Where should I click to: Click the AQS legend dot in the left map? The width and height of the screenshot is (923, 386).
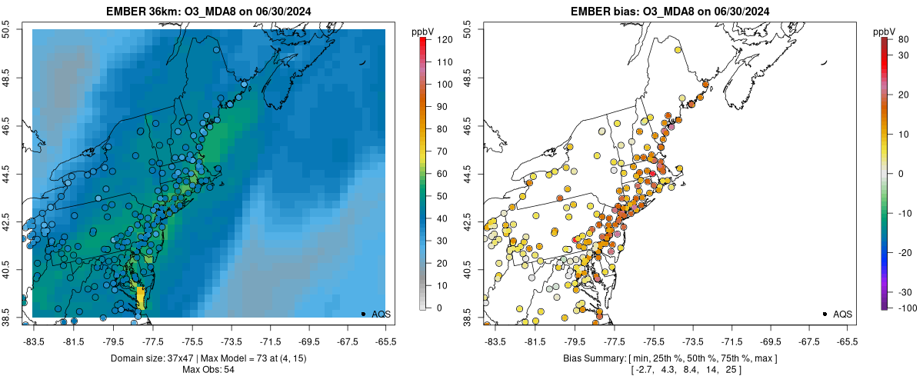coord(363,314)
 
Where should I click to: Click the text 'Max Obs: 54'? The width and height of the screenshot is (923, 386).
coord(208,370)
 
